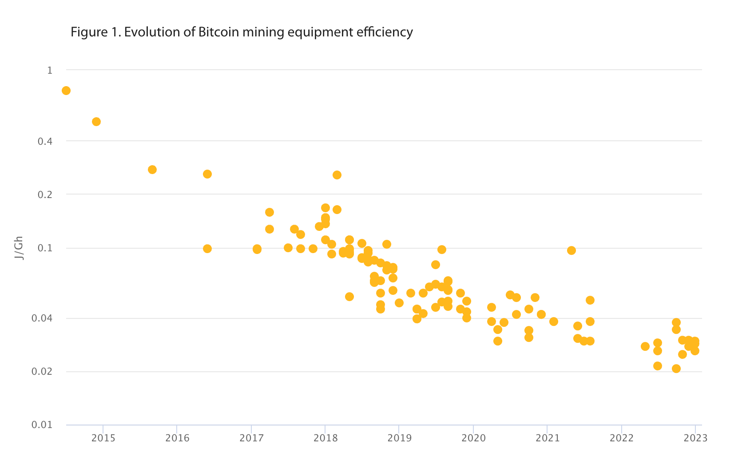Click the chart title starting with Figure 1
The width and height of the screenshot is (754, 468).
tap(242, 32)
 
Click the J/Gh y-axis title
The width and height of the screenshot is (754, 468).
tap(19, 248)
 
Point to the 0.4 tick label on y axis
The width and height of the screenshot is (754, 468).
tap(45, 141)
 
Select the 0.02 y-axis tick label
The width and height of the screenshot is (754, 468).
tap(42, 372)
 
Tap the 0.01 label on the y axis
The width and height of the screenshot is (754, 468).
tap(42, 425)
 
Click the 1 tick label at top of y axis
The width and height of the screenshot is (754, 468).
tap(50, 70)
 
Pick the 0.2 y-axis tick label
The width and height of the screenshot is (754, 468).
tap(45, 194)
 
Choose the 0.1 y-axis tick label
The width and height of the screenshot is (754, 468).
tap(45, 248)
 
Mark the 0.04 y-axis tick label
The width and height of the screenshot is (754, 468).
tap(42, 318)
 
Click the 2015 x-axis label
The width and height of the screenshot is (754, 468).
tap(103, 438)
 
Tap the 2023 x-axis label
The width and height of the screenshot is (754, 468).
tap(695, 438)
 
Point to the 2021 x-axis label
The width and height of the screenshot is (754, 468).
tap(548, 438)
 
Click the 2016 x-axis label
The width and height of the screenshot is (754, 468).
tap(177, 438)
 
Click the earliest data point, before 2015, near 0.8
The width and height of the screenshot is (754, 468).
tap(66, 91)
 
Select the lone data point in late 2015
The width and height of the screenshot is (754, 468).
tap(152, 170)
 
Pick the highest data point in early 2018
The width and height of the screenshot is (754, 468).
tap(337, 175)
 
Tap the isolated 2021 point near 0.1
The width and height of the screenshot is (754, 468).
tap(571, 250)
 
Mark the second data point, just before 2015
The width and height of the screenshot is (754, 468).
tap(96, 122)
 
